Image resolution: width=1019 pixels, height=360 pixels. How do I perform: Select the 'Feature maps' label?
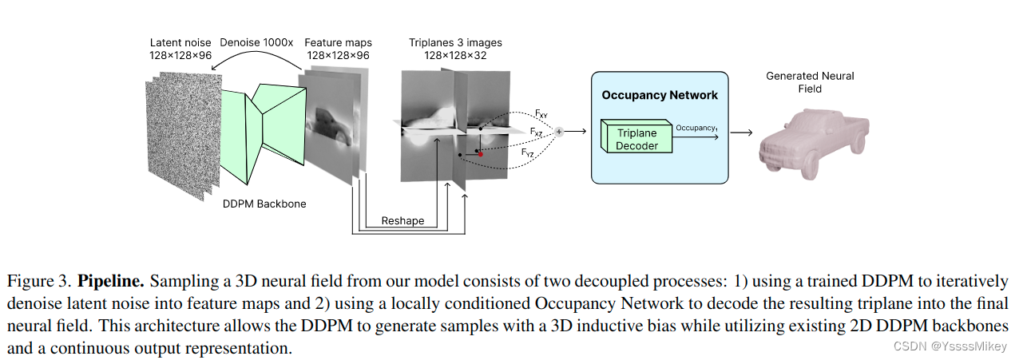[x=339, y=42]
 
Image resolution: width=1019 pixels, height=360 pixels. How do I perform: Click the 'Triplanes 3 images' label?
[x=455, y=42]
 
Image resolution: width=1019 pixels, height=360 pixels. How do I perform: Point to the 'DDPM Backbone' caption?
[x=265, y=204]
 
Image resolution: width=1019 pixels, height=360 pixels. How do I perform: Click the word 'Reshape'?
[x=402, y=220]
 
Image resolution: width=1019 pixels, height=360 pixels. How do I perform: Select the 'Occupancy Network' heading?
[x=659, y=95]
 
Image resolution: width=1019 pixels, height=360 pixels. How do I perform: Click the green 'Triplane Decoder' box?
[x=636, y=140]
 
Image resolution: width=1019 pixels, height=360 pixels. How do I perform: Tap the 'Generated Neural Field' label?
[x=810, y=82]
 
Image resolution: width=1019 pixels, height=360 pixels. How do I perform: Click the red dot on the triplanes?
[x=480, y=153]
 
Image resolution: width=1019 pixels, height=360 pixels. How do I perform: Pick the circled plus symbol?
[x=559, y=131]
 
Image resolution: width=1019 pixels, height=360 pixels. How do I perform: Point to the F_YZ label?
[x=528, y=152]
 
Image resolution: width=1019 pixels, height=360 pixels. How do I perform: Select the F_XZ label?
[x=537, y=132]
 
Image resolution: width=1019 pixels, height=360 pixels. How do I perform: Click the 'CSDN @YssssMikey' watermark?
[x=950, y=346]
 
